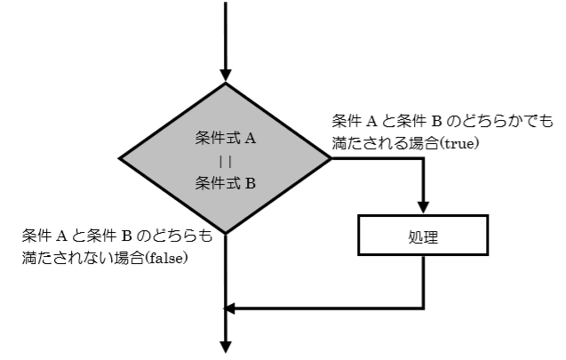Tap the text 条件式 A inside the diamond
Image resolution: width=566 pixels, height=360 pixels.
click(x=225, y=139)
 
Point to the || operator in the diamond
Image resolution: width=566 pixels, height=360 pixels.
click(x=225, y=162)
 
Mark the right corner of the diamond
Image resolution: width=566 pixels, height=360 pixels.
click(x=330, y=159)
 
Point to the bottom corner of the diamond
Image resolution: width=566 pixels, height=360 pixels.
click(x=226, y=234)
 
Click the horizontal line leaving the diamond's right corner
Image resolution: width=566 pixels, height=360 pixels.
click(x=378, y=159)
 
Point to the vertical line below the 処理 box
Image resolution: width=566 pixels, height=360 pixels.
click(x=424, y=283)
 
